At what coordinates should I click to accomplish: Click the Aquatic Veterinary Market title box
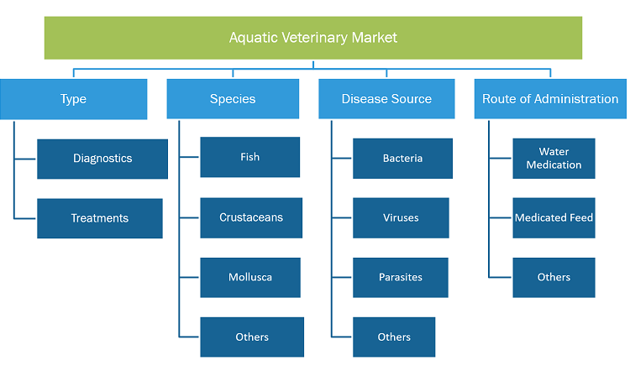click(313, 38)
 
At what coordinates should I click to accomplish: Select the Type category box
click(74, 99)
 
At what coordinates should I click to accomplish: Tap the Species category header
click(233, 99)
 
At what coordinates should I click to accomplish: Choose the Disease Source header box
click(386, 99)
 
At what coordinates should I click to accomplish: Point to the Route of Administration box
click(550, 99)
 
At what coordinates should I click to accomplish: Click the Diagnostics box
click(102, 159)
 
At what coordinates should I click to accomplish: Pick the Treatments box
click(100, 218)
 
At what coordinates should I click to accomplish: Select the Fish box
click(250, 157)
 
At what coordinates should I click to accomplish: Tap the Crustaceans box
click(251, 217)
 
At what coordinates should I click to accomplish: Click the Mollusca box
click(250, 278)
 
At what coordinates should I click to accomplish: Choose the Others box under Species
click(252, 337)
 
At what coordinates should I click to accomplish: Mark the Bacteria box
click(402, 159)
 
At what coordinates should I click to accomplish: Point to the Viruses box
click(401, 218)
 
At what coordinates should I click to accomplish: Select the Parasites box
click(401, 278)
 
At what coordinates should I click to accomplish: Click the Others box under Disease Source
click(394, 337)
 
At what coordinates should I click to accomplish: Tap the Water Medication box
click(554, 159)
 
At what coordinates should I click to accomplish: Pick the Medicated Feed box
click(554, 218)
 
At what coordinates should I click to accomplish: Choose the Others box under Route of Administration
click(554, 278)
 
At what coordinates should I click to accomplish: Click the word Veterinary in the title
click(315, 38)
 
